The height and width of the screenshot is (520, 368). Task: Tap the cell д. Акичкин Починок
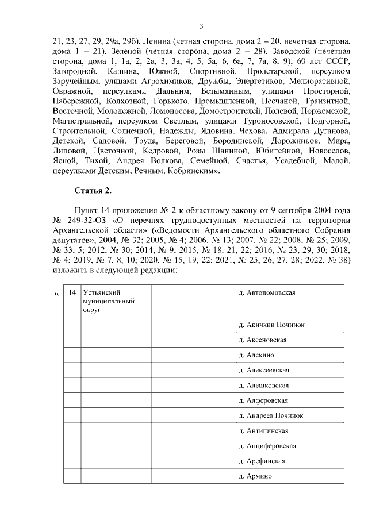[x=271, y=325]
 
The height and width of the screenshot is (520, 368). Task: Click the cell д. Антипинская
[x=263, y=430]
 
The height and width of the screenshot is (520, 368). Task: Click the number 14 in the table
[x=72, y=292]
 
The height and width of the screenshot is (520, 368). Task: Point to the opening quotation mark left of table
[x=56, y=294]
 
